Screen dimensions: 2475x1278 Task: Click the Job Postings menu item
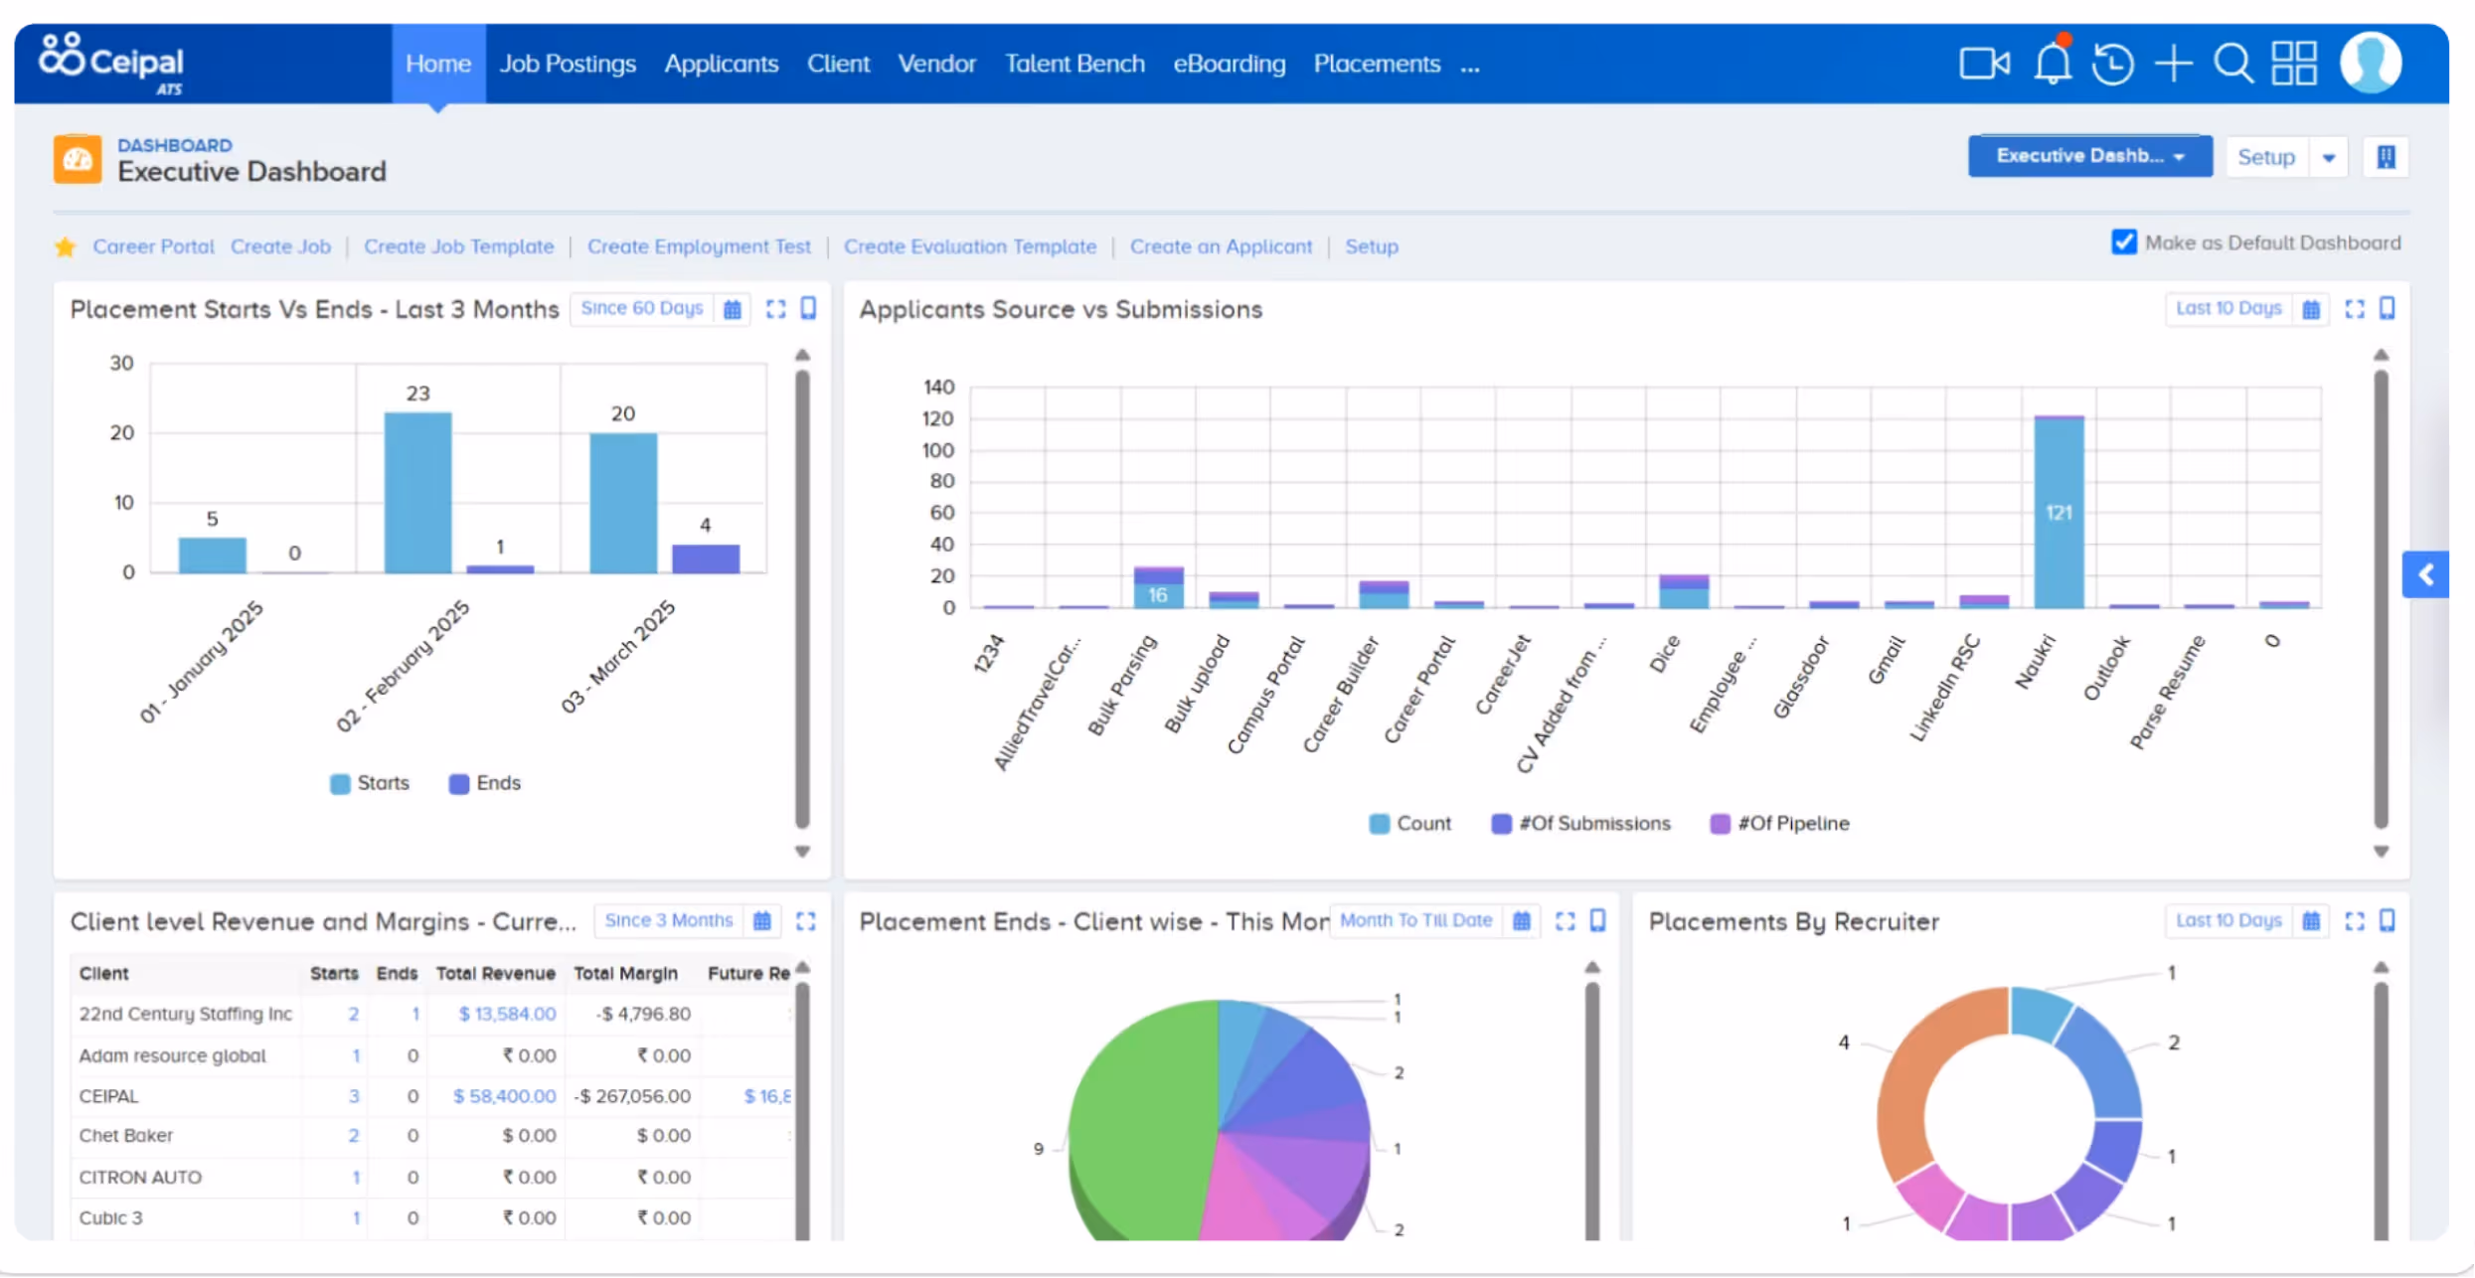tap(568, 64)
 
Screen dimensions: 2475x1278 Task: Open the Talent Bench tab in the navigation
tap(1074, 64)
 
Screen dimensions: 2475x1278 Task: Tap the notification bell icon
tap(2053, 63)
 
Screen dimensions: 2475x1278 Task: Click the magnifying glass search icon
tap(2233, 64)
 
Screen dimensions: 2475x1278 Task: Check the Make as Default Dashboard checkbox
tap(2124, 242)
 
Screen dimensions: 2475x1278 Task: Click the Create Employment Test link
tap(699, 246)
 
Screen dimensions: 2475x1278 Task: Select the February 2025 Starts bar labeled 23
tap(418, 492)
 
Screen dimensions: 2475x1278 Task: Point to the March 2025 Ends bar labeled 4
tap(706, 559)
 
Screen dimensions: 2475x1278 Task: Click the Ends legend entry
tap(485, 783)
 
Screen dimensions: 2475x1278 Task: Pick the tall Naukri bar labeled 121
tap(2060, 512)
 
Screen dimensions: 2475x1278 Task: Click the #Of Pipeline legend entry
tap(1780, 824)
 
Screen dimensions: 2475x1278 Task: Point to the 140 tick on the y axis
tap(938, 387)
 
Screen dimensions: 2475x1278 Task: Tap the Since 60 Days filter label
tap(642, 308)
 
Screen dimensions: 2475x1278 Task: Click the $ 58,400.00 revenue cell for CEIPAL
tap(505, 1096)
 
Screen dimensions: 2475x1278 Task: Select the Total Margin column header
tap(626, 974)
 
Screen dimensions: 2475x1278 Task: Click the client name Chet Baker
tap(126, 1136)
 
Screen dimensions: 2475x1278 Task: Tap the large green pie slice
tap(1143, 1123)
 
